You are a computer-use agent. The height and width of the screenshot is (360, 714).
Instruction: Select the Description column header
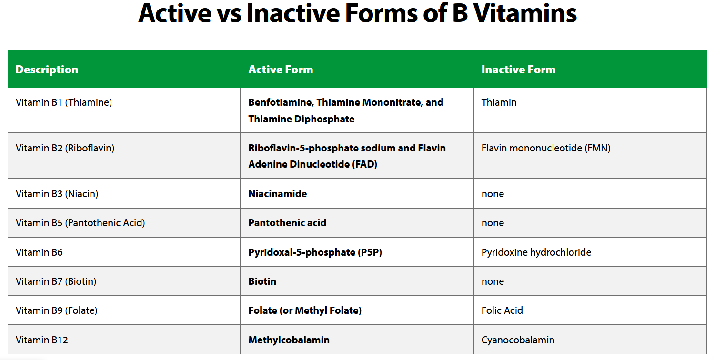(x=47, y=70)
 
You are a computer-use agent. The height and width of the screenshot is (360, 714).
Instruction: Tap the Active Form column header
(x=281, y=70)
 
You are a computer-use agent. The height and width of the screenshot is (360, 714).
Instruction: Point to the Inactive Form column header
(x=518, y=70)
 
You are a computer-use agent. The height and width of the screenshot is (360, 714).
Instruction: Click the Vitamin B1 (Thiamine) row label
(x=64, y=102)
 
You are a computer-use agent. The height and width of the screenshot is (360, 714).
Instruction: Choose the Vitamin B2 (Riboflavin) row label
(x=65, y=148)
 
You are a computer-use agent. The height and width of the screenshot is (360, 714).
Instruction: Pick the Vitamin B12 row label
(x=42, y=340)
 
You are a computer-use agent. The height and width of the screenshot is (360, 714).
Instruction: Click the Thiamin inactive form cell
(x=499, y=102)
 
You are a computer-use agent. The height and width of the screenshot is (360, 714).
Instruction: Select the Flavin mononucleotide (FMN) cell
(x=546, y=148)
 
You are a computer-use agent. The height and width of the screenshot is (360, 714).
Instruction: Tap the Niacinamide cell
(x=278, y=194)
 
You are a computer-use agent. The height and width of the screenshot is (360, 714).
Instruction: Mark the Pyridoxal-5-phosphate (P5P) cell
(x=315, y=252)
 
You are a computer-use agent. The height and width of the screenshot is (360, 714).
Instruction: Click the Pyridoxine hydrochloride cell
(x=536, y=252)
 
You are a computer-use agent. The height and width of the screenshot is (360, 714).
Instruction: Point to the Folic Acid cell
(x=502, y=310)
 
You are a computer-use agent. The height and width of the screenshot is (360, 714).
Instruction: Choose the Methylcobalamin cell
(x=289, y=340)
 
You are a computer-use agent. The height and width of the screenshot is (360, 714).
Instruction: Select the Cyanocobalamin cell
(x=518, y=340)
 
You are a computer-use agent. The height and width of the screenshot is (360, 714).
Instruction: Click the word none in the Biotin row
(x=493, y=281)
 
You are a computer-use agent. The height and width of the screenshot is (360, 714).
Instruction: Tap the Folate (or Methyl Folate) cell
(x=305, y=310)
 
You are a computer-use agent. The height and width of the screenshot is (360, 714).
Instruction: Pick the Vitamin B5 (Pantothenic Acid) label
(x=80, y=223)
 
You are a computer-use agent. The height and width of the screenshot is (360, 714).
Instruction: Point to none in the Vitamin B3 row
(x=493, y=194)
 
